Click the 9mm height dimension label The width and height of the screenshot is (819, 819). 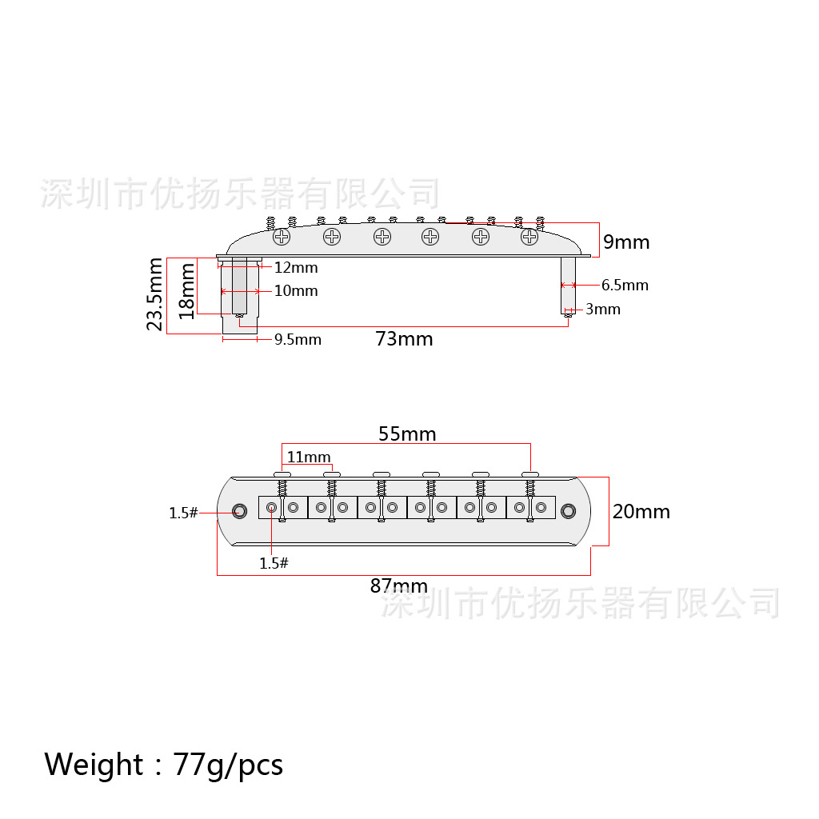(x=626, y=242)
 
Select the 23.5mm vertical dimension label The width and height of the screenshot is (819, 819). (x=154, y=294)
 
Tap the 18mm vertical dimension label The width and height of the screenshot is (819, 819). (x=186, y=291)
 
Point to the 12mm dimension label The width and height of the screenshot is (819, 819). (x=296, y=267)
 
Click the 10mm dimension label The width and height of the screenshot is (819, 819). (x=296, y=290)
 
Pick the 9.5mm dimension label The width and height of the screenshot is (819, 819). (x=298, y=339)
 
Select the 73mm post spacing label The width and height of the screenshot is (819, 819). (x=404, y=339)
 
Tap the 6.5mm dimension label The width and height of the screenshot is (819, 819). (x=625, y=286)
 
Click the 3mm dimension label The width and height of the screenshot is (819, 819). (x=603, y=310)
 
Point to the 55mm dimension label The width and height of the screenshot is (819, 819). (x=407, y=434)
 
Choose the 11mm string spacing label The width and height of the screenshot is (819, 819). (x=309, y=457)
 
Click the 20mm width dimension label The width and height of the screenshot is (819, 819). (x=641, y=511)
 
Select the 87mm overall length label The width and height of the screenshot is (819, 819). (x=399, y=586)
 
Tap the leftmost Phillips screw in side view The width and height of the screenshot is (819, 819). (x=282, y=237)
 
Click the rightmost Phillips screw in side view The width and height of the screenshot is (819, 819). (x=529, y=237)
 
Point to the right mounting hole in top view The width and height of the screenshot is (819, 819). (x=569, y=511)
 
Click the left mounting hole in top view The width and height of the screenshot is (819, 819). (x=240, y=511)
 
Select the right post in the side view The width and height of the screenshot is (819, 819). (x=569, y=286)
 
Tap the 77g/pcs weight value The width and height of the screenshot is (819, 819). (x=228, y=765)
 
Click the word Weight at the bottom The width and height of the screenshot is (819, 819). (x=94, y=765)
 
